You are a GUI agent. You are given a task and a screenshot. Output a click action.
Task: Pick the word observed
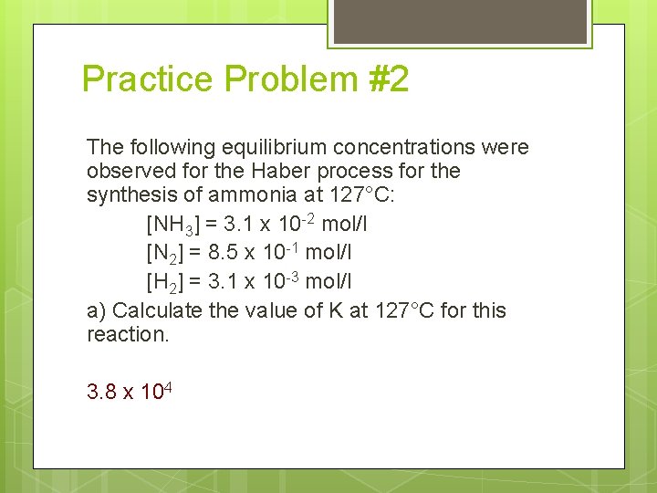(127, 172)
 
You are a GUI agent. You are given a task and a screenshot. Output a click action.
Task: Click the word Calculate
(157, 311)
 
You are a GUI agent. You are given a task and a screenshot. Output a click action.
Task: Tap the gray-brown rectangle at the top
(459, 21)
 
